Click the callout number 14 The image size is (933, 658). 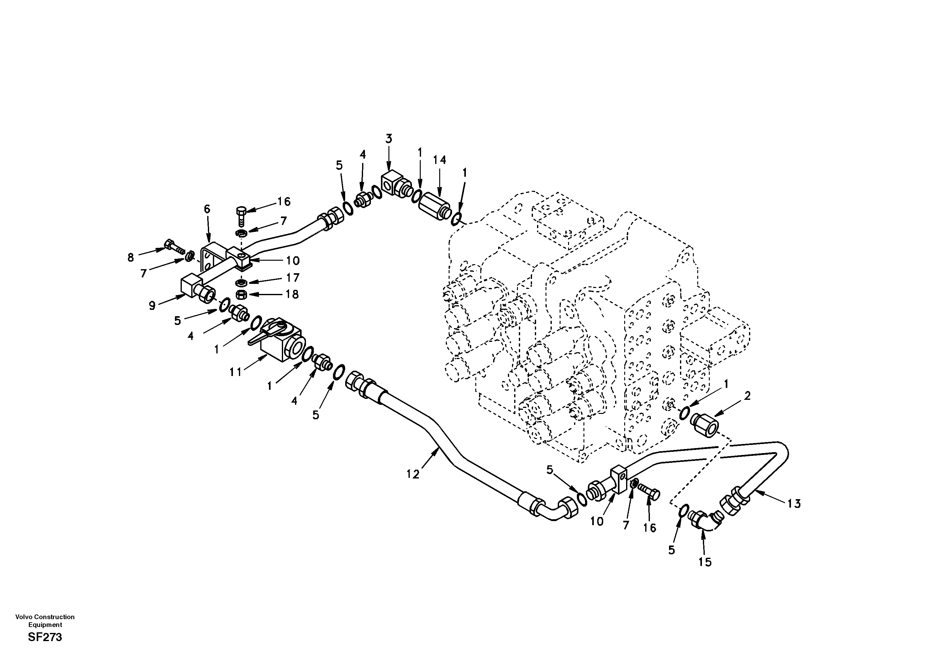[x=439, y=160]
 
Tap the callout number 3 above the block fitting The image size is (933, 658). [x=389, y=139]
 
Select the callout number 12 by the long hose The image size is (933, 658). [x=413, y=474]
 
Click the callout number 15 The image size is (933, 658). [x=705, y=562]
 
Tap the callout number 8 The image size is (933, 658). [x=130, y=258]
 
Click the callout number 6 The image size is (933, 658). [x=207, y=209]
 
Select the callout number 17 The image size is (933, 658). [x=293, y=278]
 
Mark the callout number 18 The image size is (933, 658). [x=292, y=294]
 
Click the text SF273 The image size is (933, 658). [x=45, y=637]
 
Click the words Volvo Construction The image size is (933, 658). [x=45, y=617]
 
